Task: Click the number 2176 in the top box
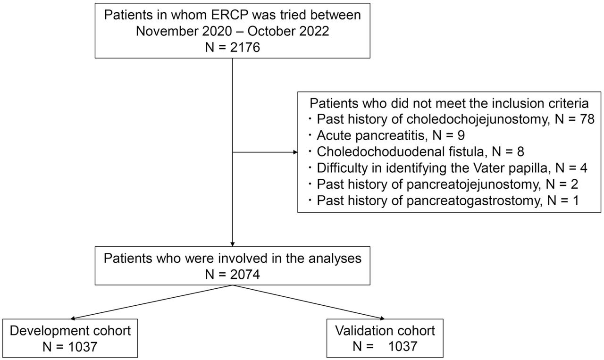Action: pyautogui.click(x=245, y=48)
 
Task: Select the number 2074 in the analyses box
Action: pyautogui.click(x=245, y=275)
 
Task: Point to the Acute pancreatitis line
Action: pyautogui.click(x=391, y=135)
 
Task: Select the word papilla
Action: pyautogui.click(x=529, y=168)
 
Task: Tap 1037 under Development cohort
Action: pyautogui.click(x=82, y=347)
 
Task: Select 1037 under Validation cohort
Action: pyautogui.click(x=403, y=346)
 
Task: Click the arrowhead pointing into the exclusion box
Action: pyautogui.click(x=295, y=152)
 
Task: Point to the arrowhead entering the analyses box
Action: pyautogui.click(x=233, y=244)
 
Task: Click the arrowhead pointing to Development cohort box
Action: pyautogui.click(x=73, y=318)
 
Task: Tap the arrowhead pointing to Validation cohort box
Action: pyautogui.click(x=382, y=318)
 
